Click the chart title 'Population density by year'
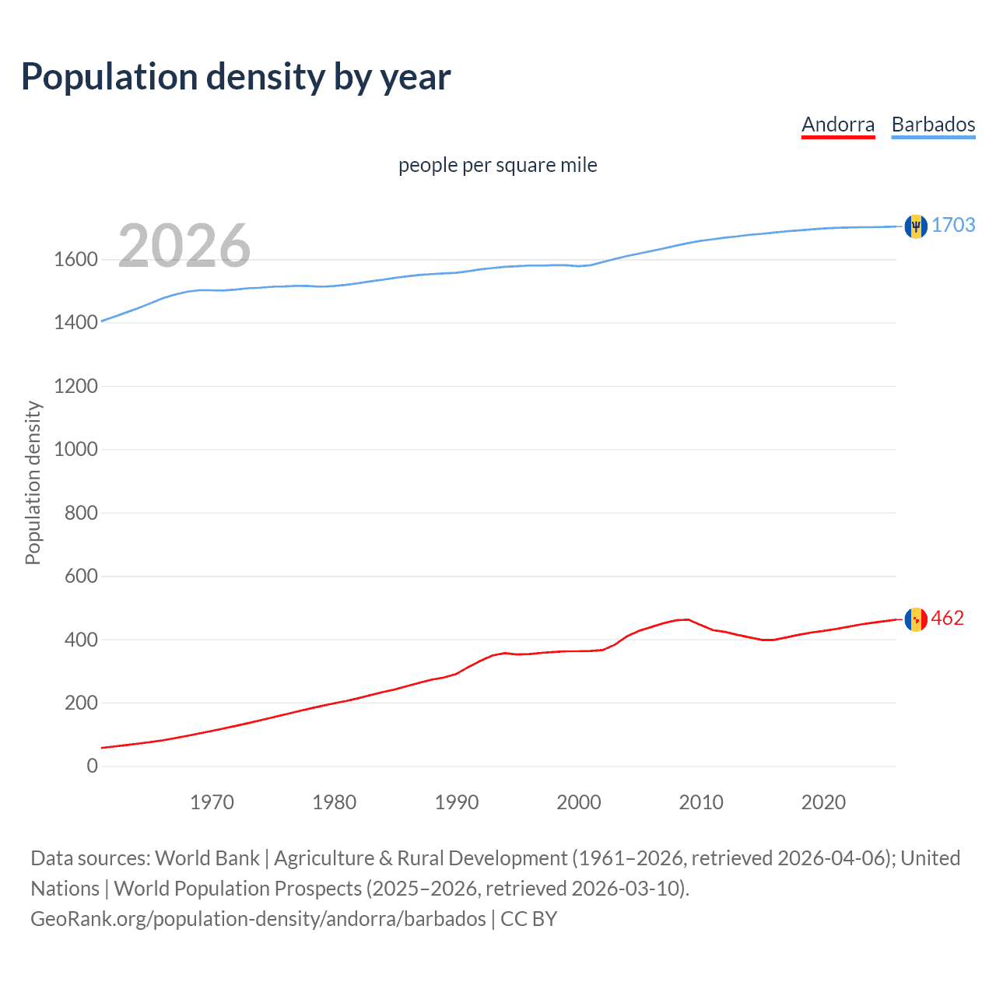(236, 77)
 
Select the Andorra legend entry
(838, 125)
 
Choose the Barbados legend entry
(933, 125)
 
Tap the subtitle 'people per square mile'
(497, 166)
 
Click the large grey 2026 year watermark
(184, 246)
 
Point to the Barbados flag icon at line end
(916, 226)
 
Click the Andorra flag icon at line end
(916, 619)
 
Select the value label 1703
(953, 226)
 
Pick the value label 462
(947, 619)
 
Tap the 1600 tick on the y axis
(75, 260)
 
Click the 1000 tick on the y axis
(75, 450)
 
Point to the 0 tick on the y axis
(93, 766)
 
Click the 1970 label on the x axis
(212, 802)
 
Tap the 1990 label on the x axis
(457, 802)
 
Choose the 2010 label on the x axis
(701, 802)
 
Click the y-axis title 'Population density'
(33, 482)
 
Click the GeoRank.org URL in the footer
(258, 919)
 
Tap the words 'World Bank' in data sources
(207, 858)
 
